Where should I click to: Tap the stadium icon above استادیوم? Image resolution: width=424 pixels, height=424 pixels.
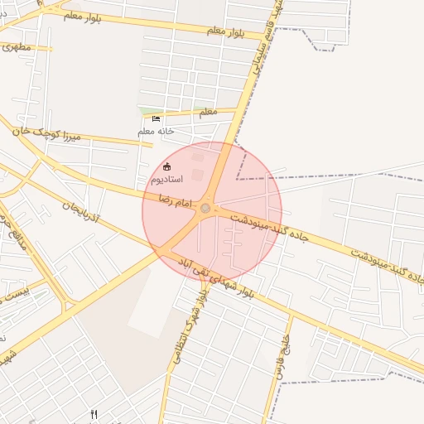[x=168, y=166]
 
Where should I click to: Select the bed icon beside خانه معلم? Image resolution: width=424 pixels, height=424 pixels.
[x=157, y=118]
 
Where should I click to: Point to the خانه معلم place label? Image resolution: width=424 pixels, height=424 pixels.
[x=156, y=131]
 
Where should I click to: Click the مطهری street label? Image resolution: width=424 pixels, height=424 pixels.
[x=16, y=47]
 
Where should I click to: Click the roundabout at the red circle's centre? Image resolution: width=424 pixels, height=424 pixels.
[x=205, y=209]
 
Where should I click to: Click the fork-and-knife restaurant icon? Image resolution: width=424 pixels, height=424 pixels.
[x=94, y=414]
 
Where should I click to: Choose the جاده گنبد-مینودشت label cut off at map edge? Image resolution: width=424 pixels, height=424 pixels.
[x=389, y=267]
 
